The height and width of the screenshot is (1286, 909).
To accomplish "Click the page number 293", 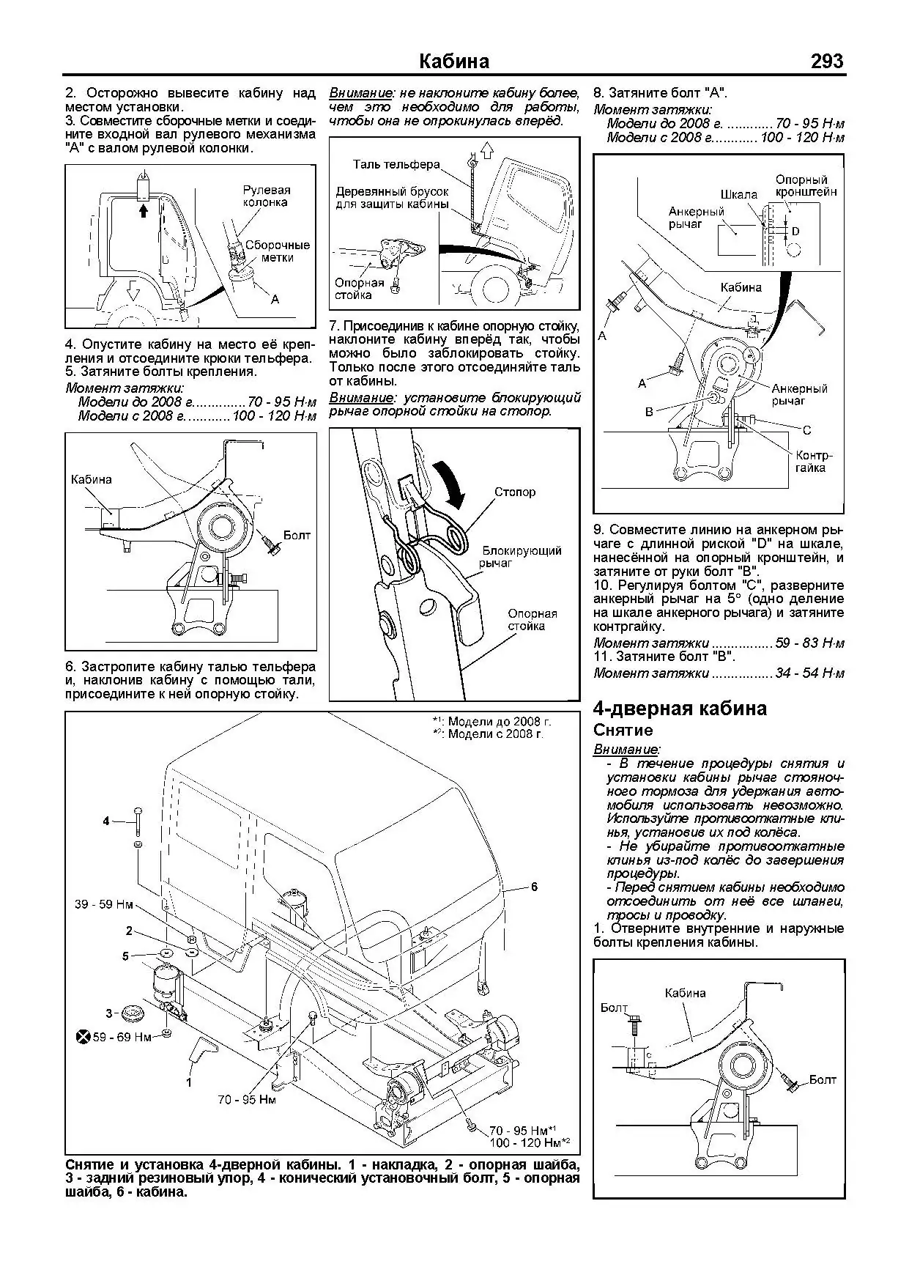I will (827, 61).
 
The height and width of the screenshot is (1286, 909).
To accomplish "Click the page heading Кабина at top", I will (454, 61).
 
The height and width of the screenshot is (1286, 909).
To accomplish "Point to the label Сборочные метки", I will (277, 251).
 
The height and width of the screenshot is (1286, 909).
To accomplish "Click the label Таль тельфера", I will (396, 164).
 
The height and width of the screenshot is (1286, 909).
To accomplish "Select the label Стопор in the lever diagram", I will (514, 492).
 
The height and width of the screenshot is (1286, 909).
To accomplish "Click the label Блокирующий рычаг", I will (521, 557).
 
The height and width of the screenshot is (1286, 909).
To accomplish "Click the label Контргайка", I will (813, 461).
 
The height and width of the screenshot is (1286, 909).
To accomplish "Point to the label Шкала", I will (738, 195).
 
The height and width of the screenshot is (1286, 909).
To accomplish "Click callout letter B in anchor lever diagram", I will (648, 413).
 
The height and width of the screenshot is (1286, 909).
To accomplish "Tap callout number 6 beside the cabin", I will (534, 887).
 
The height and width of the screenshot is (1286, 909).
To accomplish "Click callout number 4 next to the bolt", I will (106, 821).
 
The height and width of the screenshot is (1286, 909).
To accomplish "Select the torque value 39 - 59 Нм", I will (103, 904).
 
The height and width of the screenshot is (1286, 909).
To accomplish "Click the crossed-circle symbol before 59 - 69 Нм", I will (84, 1037).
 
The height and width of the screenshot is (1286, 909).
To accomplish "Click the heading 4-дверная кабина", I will (680, 709).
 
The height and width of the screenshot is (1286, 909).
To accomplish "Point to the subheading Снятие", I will (623, 731).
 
